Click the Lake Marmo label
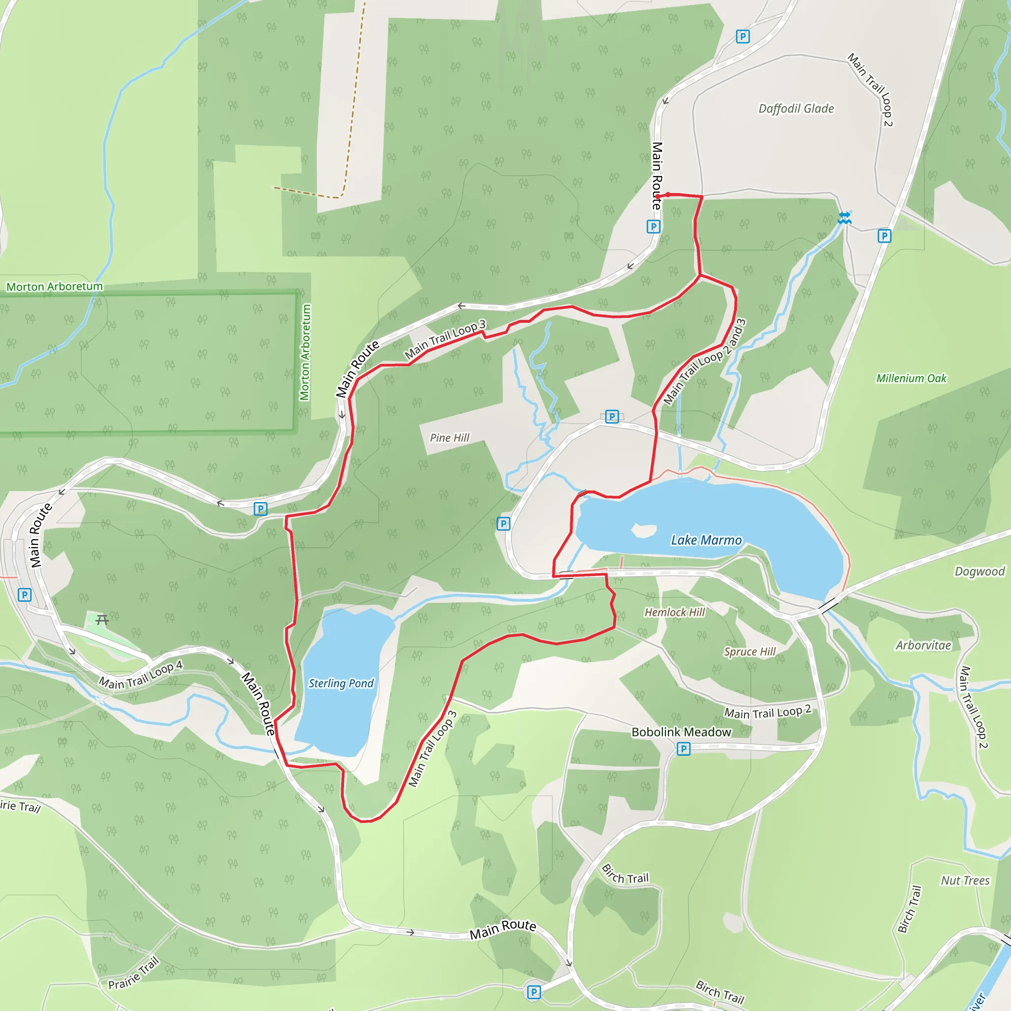coord(706,540)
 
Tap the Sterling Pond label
coord(341,683)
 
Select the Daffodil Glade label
coord(796,109)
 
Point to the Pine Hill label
coord(450,438)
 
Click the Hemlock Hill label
coord(674,612)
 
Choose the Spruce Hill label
coord(749,652)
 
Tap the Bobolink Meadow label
coord(681,732)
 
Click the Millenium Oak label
coord(911,378)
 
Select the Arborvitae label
coord(923,646)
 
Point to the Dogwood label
coord(979,572)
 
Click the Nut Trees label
coord(965,881)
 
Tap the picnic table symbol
coord(102,620)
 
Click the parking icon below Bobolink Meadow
coord(683,749)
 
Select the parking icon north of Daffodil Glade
coord(742,37)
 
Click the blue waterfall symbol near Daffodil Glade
coord(844,218)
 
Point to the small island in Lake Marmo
coord(643,530)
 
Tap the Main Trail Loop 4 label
coord(141,674)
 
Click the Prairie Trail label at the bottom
coord(133,973)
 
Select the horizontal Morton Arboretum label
coord(54,287)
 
